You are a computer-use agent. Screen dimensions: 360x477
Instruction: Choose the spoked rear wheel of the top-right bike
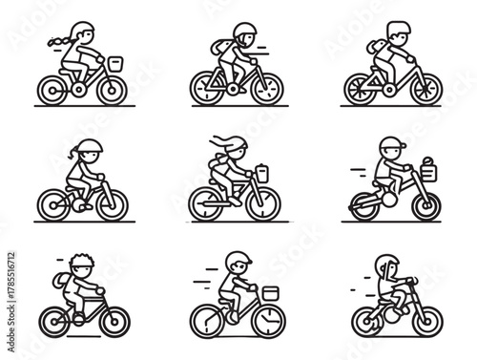click(x=361, y=89)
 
